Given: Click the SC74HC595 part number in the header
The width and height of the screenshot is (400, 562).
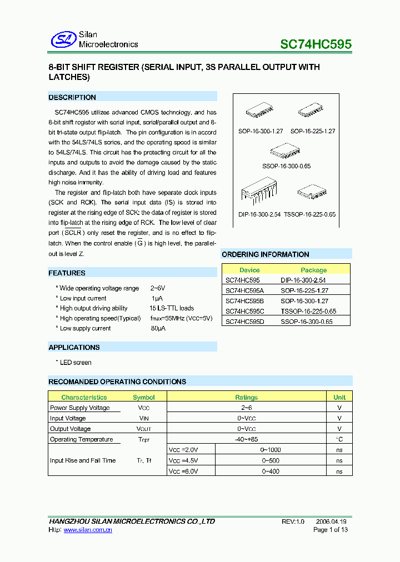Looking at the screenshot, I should (x=316, y=44).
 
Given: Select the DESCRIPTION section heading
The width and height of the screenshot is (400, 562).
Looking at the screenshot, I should (x=72, y=97).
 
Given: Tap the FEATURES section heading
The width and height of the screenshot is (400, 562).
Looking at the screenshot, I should (x=67, y=273).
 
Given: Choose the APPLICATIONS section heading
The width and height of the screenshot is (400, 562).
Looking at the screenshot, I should (x=74, y=347).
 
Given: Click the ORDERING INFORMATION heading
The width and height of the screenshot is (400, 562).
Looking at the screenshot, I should (x=266, y=254).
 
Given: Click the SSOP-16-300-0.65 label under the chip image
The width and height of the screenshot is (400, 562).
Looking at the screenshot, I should (x=286, y=166).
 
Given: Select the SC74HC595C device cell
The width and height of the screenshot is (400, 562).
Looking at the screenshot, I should (x=245, y=311).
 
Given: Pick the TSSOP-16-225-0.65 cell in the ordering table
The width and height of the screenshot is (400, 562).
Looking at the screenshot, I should (x=308, y=311).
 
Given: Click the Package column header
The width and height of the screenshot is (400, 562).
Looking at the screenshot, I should (x=314, y=270).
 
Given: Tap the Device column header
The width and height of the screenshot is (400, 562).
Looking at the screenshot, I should (x=249, y=270).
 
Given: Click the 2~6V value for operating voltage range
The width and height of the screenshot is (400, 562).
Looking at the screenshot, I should (x=158, y=288).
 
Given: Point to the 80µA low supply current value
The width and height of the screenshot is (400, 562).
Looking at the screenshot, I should (x=158, y=328).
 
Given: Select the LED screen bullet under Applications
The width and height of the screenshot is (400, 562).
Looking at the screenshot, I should (x=75, y=362).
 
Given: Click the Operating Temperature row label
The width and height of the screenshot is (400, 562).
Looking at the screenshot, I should (x=81, y=439).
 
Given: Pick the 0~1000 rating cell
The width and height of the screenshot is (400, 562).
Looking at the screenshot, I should (x=272, y=450).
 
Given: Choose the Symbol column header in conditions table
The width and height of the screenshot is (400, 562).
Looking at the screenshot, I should (x=144, y=397).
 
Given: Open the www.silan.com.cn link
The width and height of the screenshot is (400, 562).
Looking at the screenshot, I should (x=88, y=530).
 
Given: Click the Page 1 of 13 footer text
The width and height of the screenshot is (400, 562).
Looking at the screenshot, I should (x=331, y=530).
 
